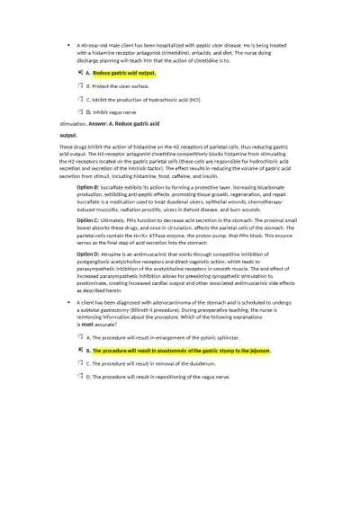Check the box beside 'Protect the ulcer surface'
(x=80, y=85)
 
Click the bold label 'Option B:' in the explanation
(x=86, y=162)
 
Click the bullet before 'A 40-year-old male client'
(x=69, y=43)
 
